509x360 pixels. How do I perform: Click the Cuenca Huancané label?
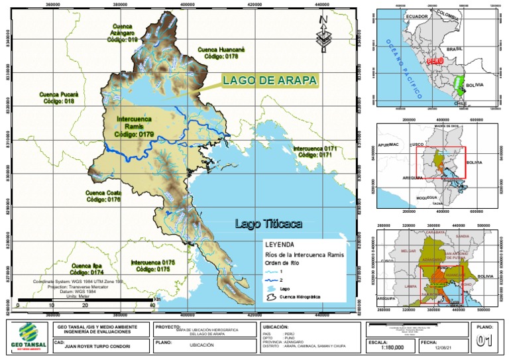pyautogui.click(x=222, y=53)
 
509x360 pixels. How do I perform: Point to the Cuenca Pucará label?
pyautogui.click(x=59, y=98)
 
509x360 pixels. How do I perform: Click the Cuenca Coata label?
pyautogui.click(x=104, y=196)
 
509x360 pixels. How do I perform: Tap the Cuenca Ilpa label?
pyautogui.click(x=87, y=268)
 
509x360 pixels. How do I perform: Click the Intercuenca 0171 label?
pyautogui.click(x=315, y=151)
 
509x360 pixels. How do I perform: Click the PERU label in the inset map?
pyautogui.click(x=435, y=60)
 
